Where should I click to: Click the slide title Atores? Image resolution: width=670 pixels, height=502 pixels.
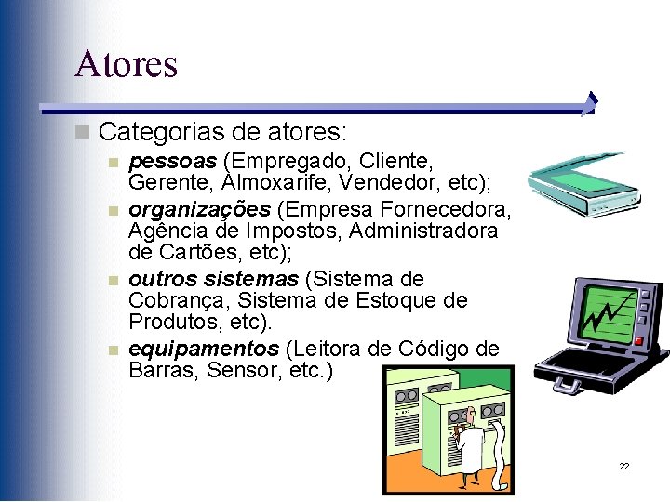(126, 63)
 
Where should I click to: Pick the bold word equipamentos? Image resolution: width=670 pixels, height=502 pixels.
(203, 349)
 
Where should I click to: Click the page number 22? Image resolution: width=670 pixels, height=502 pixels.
(624, 466)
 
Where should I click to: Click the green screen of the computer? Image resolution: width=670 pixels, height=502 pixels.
(610, 311)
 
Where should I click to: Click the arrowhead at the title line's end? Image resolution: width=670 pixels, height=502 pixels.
(591, 104)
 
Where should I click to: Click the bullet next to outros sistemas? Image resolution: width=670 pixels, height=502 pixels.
(113, 280)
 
